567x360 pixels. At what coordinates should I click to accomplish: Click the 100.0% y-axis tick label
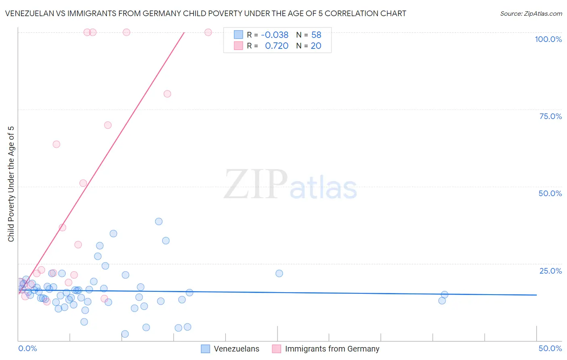pyautogui.click(x=548, y=39)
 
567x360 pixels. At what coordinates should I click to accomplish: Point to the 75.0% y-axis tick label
pyautogui.click(x=550, y=116)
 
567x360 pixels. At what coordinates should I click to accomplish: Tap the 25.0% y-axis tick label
pyautogui.click(x=550, y=270)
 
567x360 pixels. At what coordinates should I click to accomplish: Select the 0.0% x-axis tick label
pyautogui.click(x=27, y=348)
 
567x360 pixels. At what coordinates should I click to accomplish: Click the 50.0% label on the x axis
pyautogui.click(x=550, y=348)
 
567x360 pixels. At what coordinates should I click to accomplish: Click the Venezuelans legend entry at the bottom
pyautogui.click(x=236, y=349)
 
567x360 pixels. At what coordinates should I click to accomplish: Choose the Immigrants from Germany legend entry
pyautogui.click(x=332, y=349)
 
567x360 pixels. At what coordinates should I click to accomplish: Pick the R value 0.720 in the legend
pyautogui.click(x=277, y=46)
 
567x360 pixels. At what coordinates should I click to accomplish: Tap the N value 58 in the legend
pyautogui.click(x=316, y=35)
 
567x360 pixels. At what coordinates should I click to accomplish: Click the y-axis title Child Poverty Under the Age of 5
pyautogui.click(x=11, y=184)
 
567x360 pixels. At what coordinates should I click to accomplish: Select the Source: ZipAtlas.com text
pyautogui.click(x=531, y=13)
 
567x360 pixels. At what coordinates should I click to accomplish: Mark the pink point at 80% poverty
pyautogui.click(x=167, y=94)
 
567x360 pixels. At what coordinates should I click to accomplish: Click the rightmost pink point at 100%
pyautogui.click(x=208, y=32)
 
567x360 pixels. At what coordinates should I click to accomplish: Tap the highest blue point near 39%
pyautogui.click(x=159, y=221)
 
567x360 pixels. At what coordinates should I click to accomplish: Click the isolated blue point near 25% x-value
pyautogui.click(x=279, y=273)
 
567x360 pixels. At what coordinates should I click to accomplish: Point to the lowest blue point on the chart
pyautogui.click(x=125, y=334)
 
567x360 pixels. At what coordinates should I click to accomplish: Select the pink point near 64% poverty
pyautogui.click(x=56, y=144)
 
